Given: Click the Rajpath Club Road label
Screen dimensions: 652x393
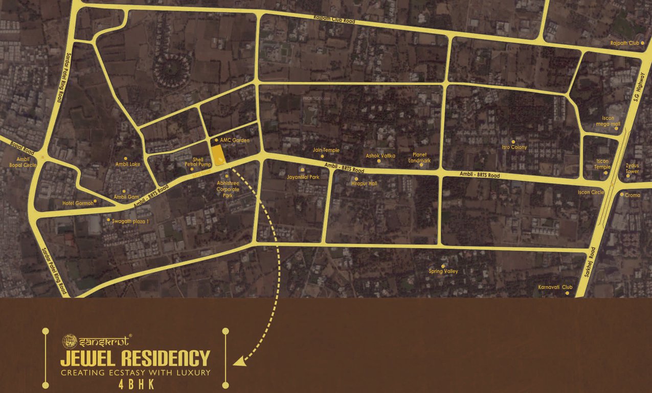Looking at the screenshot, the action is (x=335, y=19).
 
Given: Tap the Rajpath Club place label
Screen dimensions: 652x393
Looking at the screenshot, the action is (x=625, y=43).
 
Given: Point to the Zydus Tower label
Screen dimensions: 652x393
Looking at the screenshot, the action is (x=632, y=168).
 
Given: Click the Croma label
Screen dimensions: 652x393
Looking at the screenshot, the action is (x=633, y=195).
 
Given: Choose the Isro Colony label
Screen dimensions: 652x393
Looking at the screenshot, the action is (x=514, y=147).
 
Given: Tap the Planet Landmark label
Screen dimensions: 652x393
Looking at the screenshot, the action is (x=419, y=158).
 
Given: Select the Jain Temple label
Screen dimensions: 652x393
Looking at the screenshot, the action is (x=326, y=150).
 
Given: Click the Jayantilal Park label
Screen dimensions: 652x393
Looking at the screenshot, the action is (x=303, y=177).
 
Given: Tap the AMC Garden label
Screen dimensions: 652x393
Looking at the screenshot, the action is (x=234, y=140).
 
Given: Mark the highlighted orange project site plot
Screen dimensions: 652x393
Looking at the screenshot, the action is (x=218, y=155).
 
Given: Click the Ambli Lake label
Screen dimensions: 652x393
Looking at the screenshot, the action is (x=128, y=164).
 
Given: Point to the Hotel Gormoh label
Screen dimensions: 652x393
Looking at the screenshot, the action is (x=78, y=203).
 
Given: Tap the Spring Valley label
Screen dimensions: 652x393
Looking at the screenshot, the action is (x=443, y=271).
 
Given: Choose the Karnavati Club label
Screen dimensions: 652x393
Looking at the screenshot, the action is (x=555, y=288).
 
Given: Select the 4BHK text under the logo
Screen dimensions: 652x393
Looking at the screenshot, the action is (x=135, y=385).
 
